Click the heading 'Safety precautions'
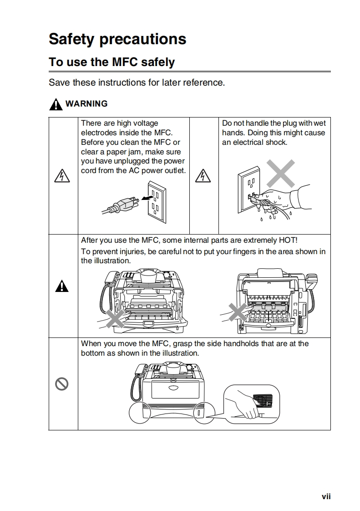pyautogui.click(x=117, y=39)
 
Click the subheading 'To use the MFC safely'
pyautogui.click(x=112, y=62)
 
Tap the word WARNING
pyautogui.click(x=86, y=104)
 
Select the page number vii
pyautogui.click(x=326, y=497)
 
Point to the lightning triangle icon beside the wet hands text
pyautogui.click(x=204, y=176)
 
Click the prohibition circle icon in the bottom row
pyautogui.click(x=62, y=384)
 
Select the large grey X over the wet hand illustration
pyautogui.click(x=280, y=174)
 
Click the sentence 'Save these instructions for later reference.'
pyautogui.click(x=137, y=83)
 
